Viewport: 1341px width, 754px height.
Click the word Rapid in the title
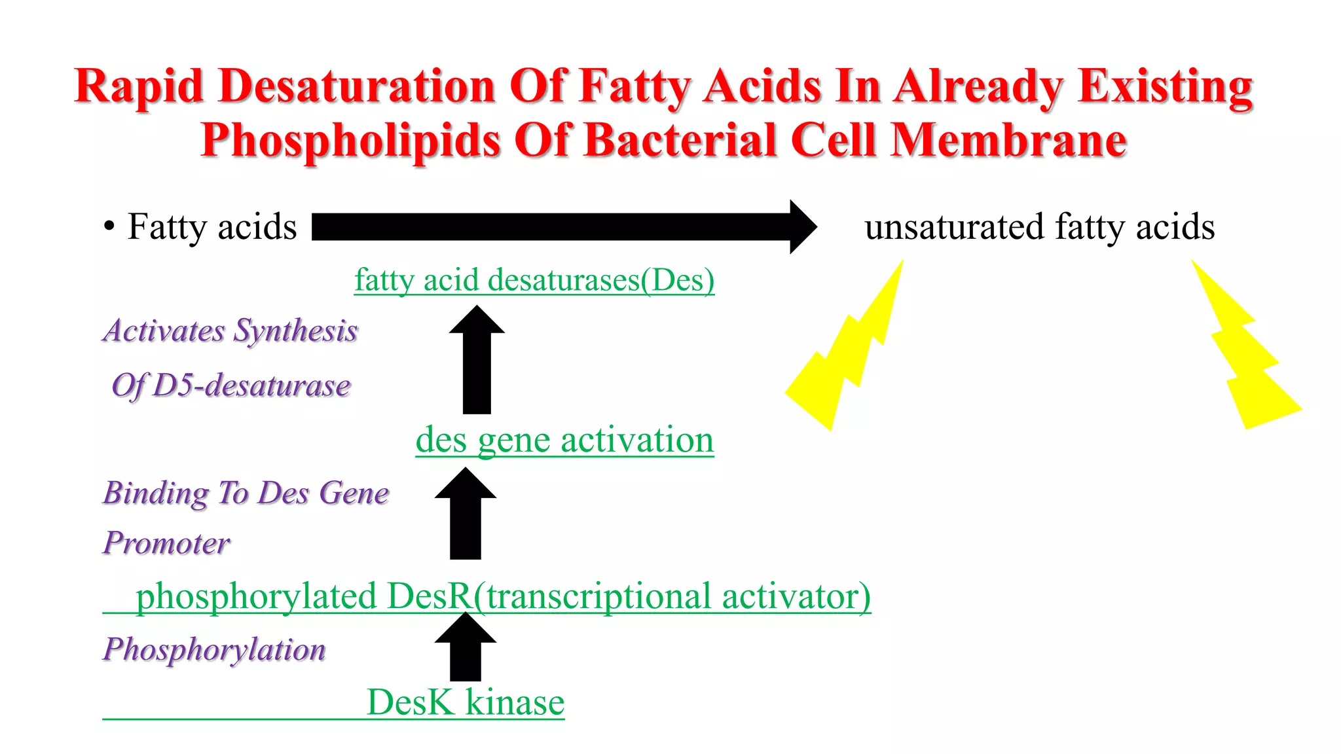tap(139, 87)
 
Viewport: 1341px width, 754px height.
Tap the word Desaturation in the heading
tap(357, 87)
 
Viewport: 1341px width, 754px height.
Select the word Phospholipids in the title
tap(350, 141)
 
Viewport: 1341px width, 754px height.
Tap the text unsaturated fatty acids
tap(1039, 227)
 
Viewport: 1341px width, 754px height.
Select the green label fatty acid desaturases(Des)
tap(534, 280)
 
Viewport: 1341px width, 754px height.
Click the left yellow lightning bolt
tap(845, 353)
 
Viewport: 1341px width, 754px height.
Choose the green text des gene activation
tap(564, 440)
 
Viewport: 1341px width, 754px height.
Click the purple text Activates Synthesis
tap(230, 331)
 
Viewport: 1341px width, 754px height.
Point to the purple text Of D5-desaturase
tap(230, 386)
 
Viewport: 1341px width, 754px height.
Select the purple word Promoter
tap(166, 543)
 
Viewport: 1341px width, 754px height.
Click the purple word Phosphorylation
tap(214, 649)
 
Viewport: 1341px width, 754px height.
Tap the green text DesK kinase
tap(466, 702)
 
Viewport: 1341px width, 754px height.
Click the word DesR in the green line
tap(429, 596)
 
